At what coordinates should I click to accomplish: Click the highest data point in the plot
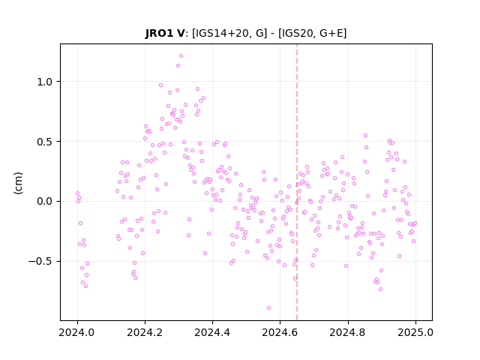point(181,56)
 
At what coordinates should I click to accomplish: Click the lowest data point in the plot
point(268,308)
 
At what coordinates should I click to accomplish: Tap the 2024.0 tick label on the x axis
point(77,332)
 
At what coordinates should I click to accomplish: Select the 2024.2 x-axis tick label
point(145,332)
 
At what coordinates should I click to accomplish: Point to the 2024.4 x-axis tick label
point(212,332)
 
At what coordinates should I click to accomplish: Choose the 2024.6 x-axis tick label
point(280,332)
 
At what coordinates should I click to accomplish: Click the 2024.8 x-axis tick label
point(348,332)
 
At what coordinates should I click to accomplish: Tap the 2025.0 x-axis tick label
point(415,332)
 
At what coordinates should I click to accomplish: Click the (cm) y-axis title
point(18,183)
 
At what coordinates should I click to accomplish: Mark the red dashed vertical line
point(297,182)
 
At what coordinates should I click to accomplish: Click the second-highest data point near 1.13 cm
point(178,66)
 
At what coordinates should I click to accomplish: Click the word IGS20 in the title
point(297,33)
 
